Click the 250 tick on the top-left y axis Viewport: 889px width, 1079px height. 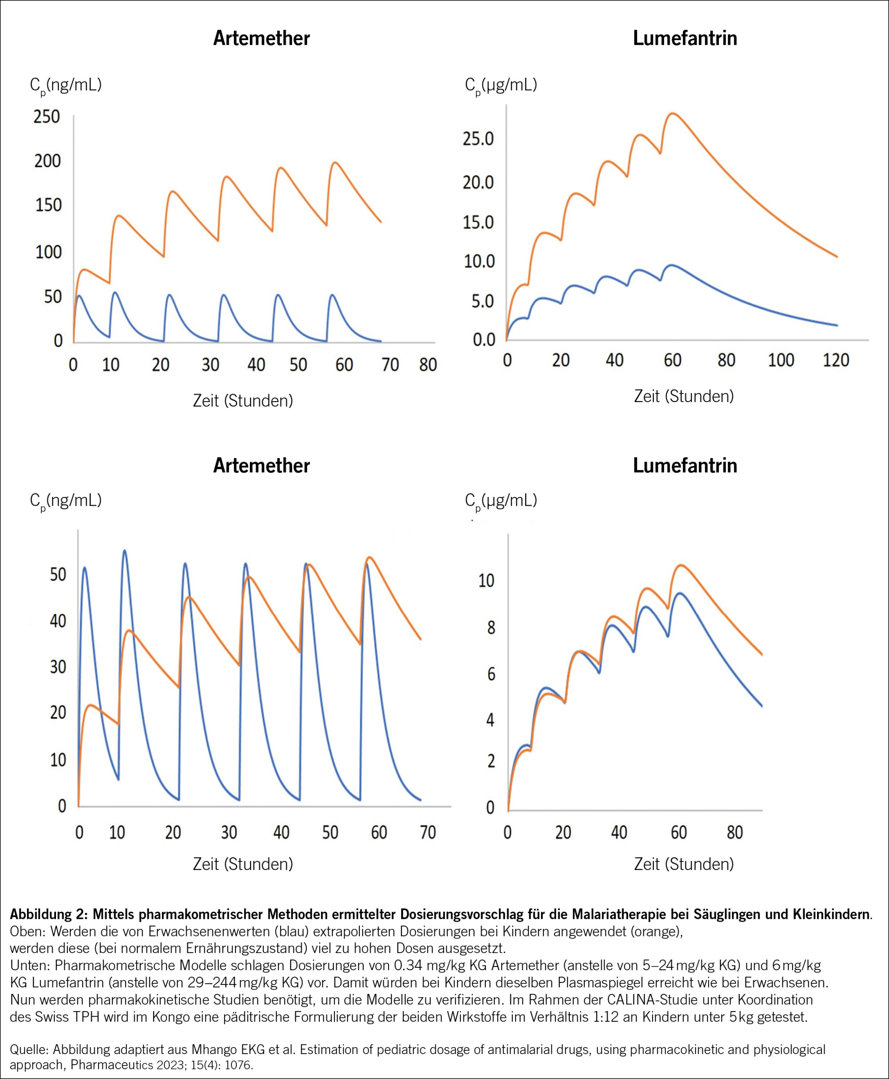click(x=47, y=117)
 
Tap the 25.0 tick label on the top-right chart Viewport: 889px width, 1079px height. click(x=478, y=138)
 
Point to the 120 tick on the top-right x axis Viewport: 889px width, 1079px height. click(x=836, y=360)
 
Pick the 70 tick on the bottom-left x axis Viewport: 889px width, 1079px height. click(x=428, y=832)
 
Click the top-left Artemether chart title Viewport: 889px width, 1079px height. click(x=261, y=38)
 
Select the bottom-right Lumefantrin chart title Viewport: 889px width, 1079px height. click(x=685, y=466)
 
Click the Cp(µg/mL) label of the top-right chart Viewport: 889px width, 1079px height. click(x=501, y=85)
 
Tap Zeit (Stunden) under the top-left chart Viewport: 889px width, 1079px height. click(x=243, y=401)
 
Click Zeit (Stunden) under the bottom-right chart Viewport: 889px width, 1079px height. click(x=684, y=864)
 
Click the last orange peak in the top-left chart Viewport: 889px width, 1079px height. click(x=335, y=163)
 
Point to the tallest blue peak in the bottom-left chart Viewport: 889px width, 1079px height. click(x=124, y=551)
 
